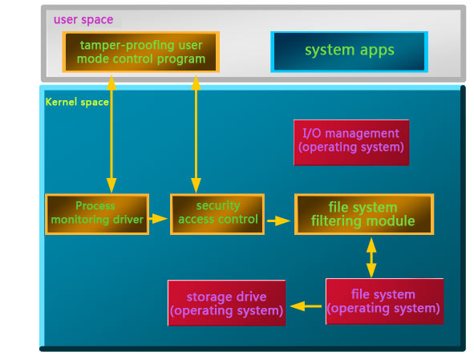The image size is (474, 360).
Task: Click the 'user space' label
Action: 83,20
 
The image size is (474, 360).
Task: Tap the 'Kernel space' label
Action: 77,102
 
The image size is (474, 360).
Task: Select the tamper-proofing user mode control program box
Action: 141,52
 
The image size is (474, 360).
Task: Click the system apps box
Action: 349,51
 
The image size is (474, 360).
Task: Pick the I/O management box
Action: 351,143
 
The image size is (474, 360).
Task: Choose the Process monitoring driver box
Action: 97,214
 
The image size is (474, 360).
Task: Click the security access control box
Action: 217,214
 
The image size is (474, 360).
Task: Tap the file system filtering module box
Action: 364,214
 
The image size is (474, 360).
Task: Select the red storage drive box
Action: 227,303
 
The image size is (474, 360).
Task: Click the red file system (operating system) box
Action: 384,301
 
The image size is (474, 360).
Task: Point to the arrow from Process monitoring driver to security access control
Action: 159,218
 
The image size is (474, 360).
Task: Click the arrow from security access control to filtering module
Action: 278,220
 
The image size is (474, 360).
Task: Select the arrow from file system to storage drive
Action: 306,306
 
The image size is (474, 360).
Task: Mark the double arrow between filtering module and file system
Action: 371,257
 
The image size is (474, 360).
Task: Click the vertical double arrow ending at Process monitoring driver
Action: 111,134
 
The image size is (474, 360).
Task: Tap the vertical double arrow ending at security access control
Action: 196,134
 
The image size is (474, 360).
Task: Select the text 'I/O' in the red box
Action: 312,133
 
